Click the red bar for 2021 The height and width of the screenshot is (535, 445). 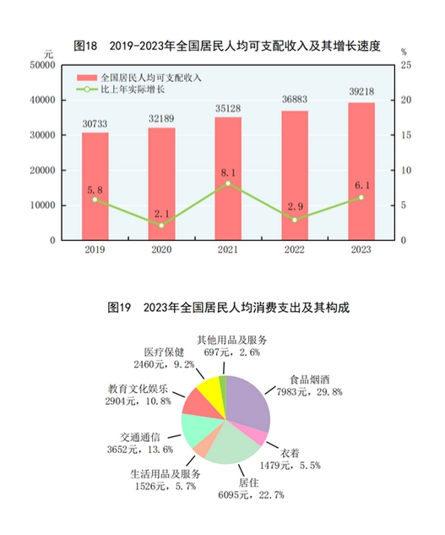[x=228, y=178]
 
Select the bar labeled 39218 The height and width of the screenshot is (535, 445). [x=361, y=172]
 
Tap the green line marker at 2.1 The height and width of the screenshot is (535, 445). [x=161, y=225]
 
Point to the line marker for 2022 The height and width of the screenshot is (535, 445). [x=295, y=220]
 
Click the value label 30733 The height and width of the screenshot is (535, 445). [x=95, y=123]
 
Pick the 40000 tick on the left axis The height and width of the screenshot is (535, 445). [x=42, y=101]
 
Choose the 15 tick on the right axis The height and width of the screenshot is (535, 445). [x=406, y=135]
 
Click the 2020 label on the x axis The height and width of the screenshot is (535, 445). [x=161, y=249]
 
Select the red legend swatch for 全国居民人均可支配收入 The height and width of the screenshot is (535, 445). [x=87, y=78]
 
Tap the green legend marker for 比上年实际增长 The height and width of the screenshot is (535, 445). [x=87, y=90]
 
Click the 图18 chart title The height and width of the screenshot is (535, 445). [x=227, y=46]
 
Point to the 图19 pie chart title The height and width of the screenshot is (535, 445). [x=229, y=308]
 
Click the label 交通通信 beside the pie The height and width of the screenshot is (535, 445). [x=140, y=438]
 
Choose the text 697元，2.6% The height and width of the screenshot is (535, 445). [x=232, y=352]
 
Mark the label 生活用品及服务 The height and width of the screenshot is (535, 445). [x=166, y=474]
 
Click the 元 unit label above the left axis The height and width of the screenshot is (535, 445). [x=48, y=54]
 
